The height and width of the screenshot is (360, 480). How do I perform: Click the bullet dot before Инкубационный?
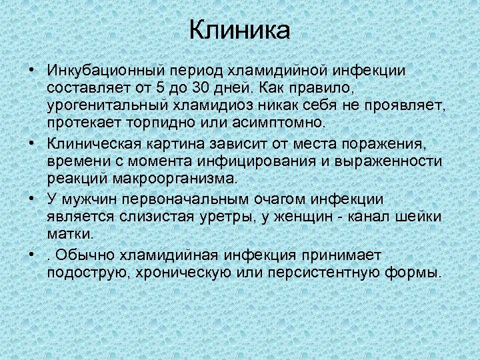31,70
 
